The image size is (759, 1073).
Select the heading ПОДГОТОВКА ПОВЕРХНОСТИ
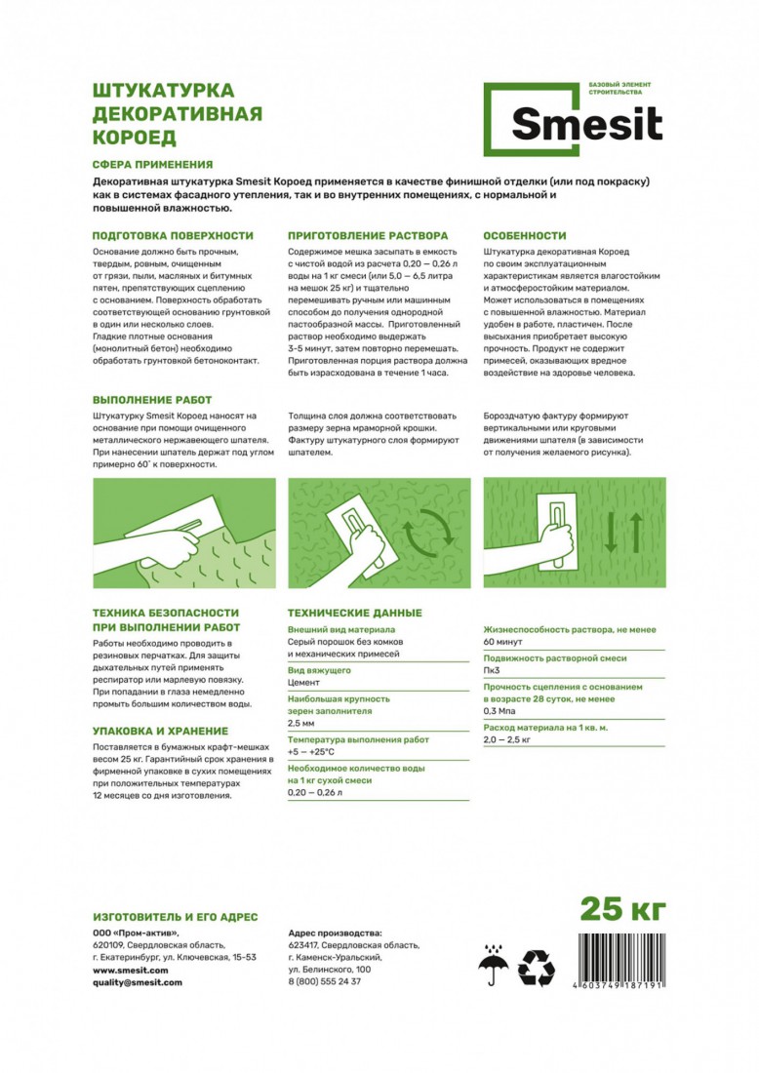click(x=173, y=236)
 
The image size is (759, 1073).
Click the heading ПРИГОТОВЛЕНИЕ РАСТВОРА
click(x=369, y=236)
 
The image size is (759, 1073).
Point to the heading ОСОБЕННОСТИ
click(x=525, y=236)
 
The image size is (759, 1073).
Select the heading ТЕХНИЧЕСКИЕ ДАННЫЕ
click(x=355, y=613)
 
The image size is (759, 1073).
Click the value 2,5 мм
click(x=301, y=725)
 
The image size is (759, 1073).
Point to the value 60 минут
click(x=503, y=642)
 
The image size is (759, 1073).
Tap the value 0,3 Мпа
click(x=501, y=712)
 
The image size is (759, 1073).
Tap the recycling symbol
click(x=536, y=969)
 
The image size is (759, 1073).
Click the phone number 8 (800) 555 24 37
click(x=325, y=982)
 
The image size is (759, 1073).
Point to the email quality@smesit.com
click(x=138, y=982)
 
